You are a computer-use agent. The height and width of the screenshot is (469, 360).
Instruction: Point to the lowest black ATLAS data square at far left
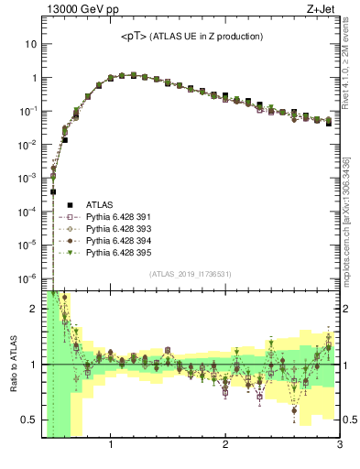point(53,191)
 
